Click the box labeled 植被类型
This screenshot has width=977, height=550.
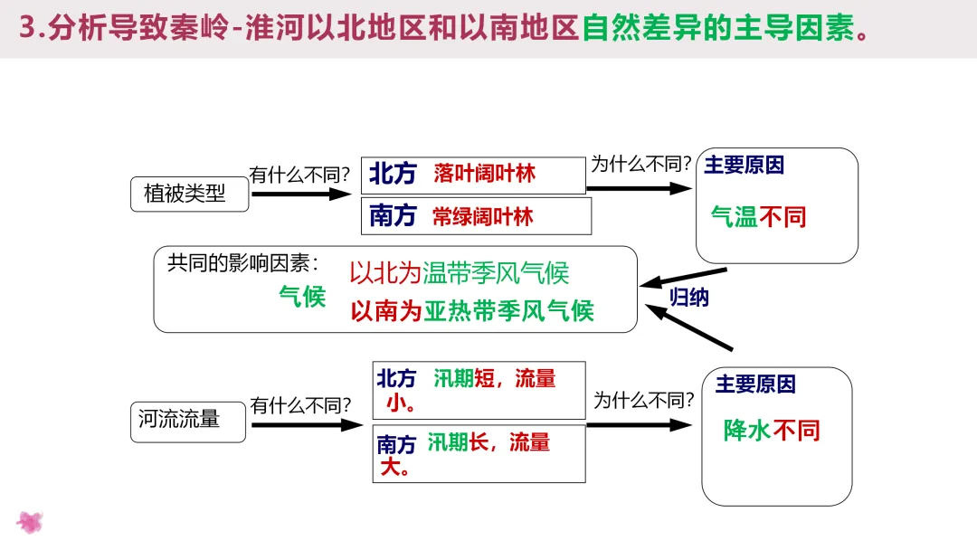click(189, 194)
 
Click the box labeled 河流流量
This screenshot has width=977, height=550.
click(187, 421)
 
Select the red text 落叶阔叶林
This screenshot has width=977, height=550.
click(484, 174)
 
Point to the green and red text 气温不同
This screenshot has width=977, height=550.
click(758, 217)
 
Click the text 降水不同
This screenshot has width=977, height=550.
click(772, 431)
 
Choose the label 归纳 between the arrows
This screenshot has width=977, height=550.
click(689, 297)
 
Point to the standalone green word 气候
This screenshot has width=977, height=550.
click(302, 296)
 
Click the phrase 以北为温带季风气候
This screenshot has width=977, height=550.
click(460, 272)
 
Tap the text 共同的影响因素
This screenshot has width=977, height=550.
click(243, 263)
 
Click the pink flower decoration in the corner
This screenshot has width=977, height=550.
click(30, 522)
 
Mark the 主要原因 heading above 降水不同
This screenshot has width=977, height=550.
click(755, 384)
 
